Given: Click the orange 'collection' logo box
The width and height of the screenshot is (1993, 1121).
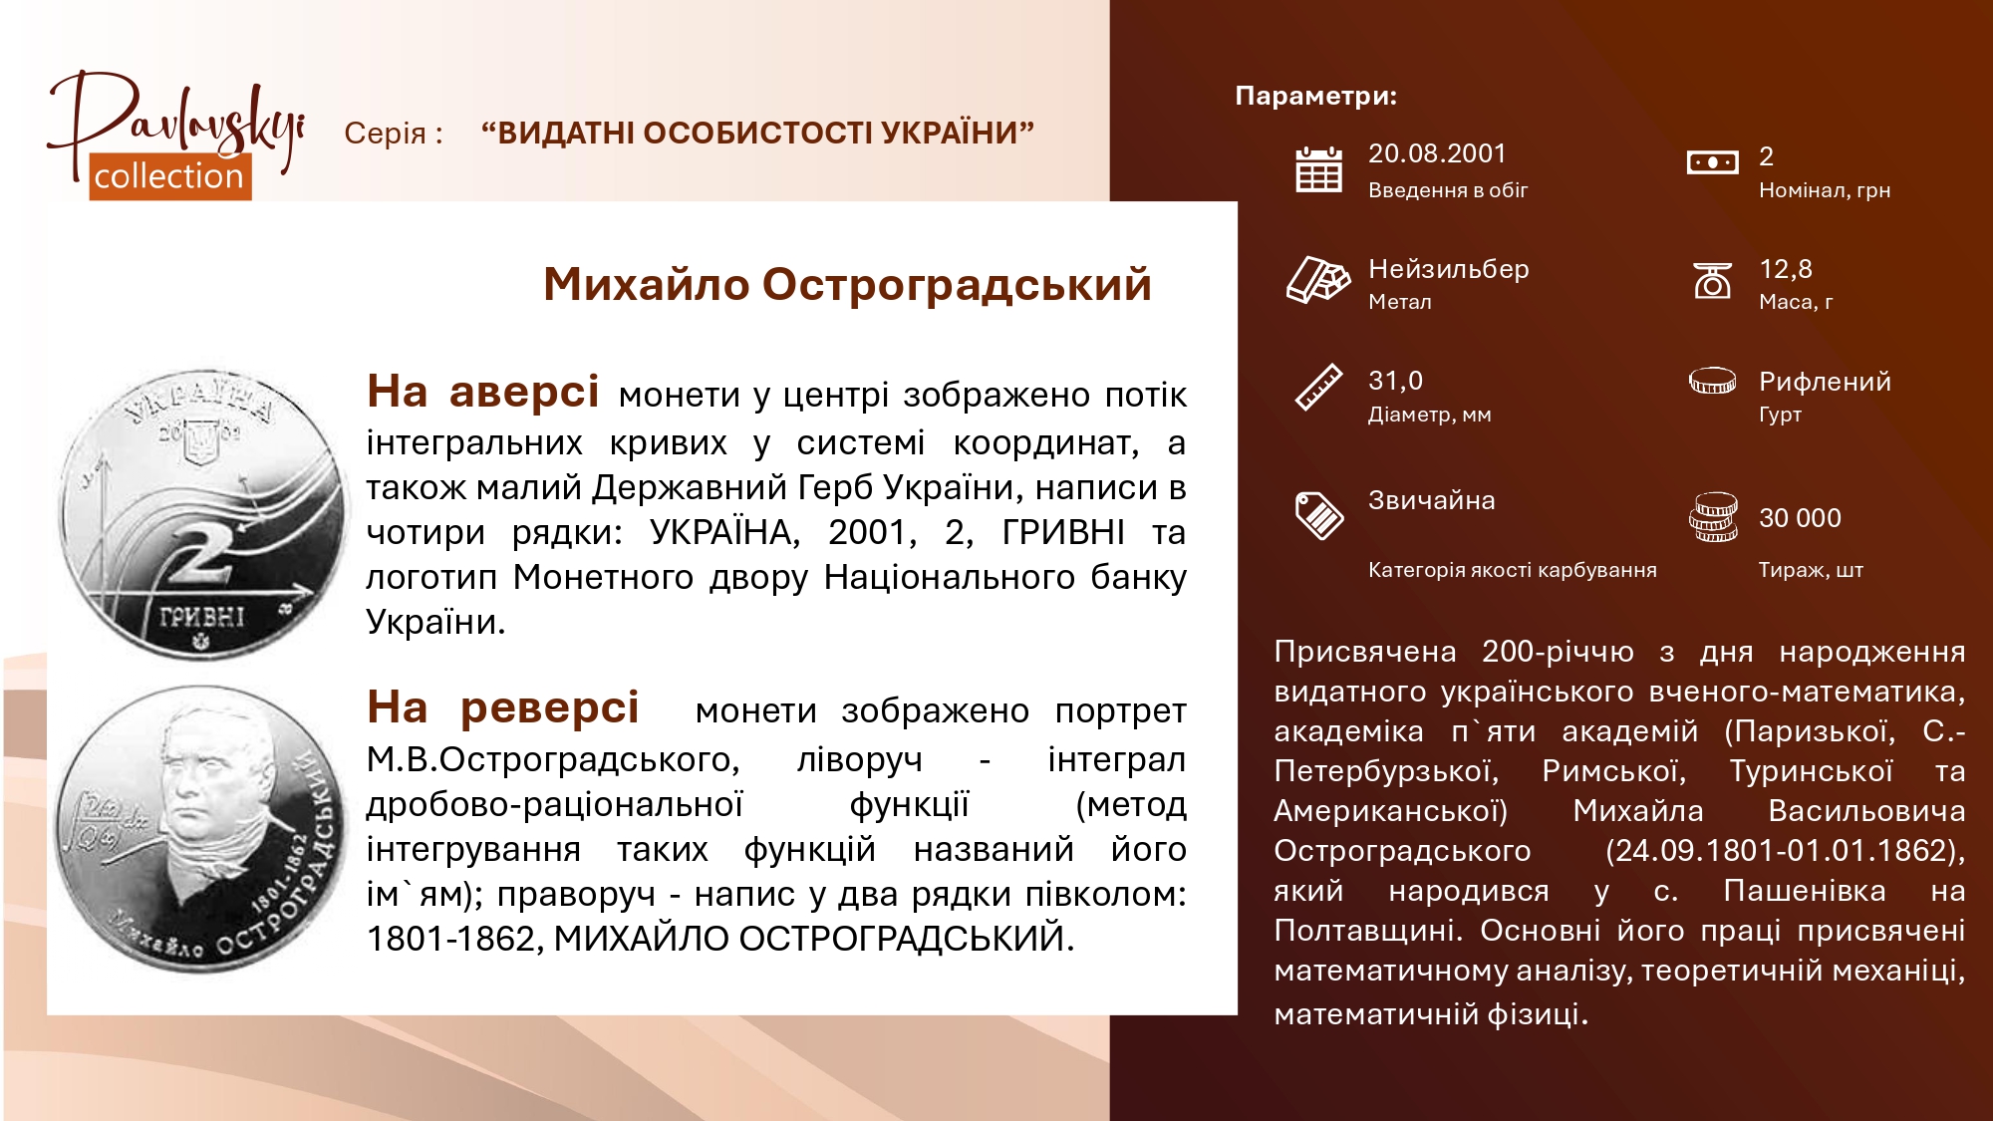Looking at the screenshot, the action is point(169,176).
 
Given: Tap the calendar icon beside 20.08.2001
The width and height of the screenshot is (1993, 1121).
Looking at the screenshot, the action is point(1318,168).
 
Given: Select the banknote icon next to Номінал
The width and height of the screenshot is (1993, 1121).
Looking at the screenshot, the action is point(1712,161).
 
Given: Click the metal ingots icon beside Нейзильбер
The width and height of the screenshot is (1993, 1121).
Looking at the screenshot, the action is point(1317,279).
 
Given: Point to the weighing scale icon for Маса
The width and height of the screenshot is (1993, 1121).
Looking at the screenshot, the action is point(1712,280).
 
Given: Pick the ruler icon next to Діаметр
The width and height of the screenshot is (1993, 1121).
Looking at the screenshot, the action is point(1318,388).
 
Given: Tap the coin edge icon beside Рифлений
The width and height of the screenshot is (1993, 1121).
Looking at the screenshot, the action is point(1712,381).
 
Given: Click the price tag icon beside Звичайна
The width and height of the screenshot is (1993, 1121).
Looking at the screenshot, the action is point(1318,515).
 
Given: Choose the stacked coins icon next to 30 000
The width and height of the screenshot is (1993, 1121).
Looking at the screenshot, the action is point(1713,517).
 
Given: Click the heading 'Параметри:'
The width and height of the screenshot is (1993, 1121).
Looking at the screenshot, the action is point(1315,96).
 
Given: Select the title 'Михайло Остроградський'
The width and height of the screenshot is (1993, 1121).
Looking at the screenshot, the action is point(847,285).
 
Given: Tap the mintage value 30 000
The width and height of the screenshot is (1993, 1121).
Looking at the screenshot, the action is point(1800,518).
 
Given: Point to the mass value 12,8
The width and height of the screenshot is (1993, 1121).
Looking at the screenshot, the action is point(1785,269).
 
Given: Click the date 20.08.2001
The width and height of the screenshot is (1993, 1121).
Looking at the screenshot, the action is point(1437,153).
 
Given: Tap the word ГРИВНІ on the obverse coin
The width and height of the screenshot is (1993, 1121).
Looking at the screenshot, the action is point(201,617).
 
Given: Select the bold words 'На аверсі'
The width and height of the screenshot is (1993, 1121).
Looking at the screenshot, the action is point(482,392).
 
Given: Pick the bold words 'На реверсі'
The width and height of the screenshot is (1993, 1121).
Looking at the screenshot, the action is point(502,708).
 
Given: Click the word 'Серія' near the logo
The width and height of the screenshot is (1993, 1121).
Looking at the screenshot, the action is point(385,133).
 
